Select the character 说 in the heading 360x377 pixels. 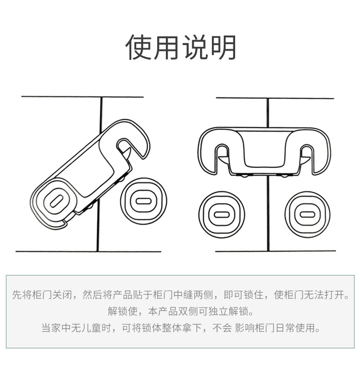(x=195, y=47)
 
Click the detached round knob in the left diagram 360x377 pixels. (x=143, y=201)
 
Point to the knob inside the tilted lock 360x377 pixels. (x=56, y=201)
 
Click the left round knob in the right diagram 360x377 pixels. (x=221, y=214)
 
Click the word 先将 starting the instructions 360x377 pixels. (x=22, y=295)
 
